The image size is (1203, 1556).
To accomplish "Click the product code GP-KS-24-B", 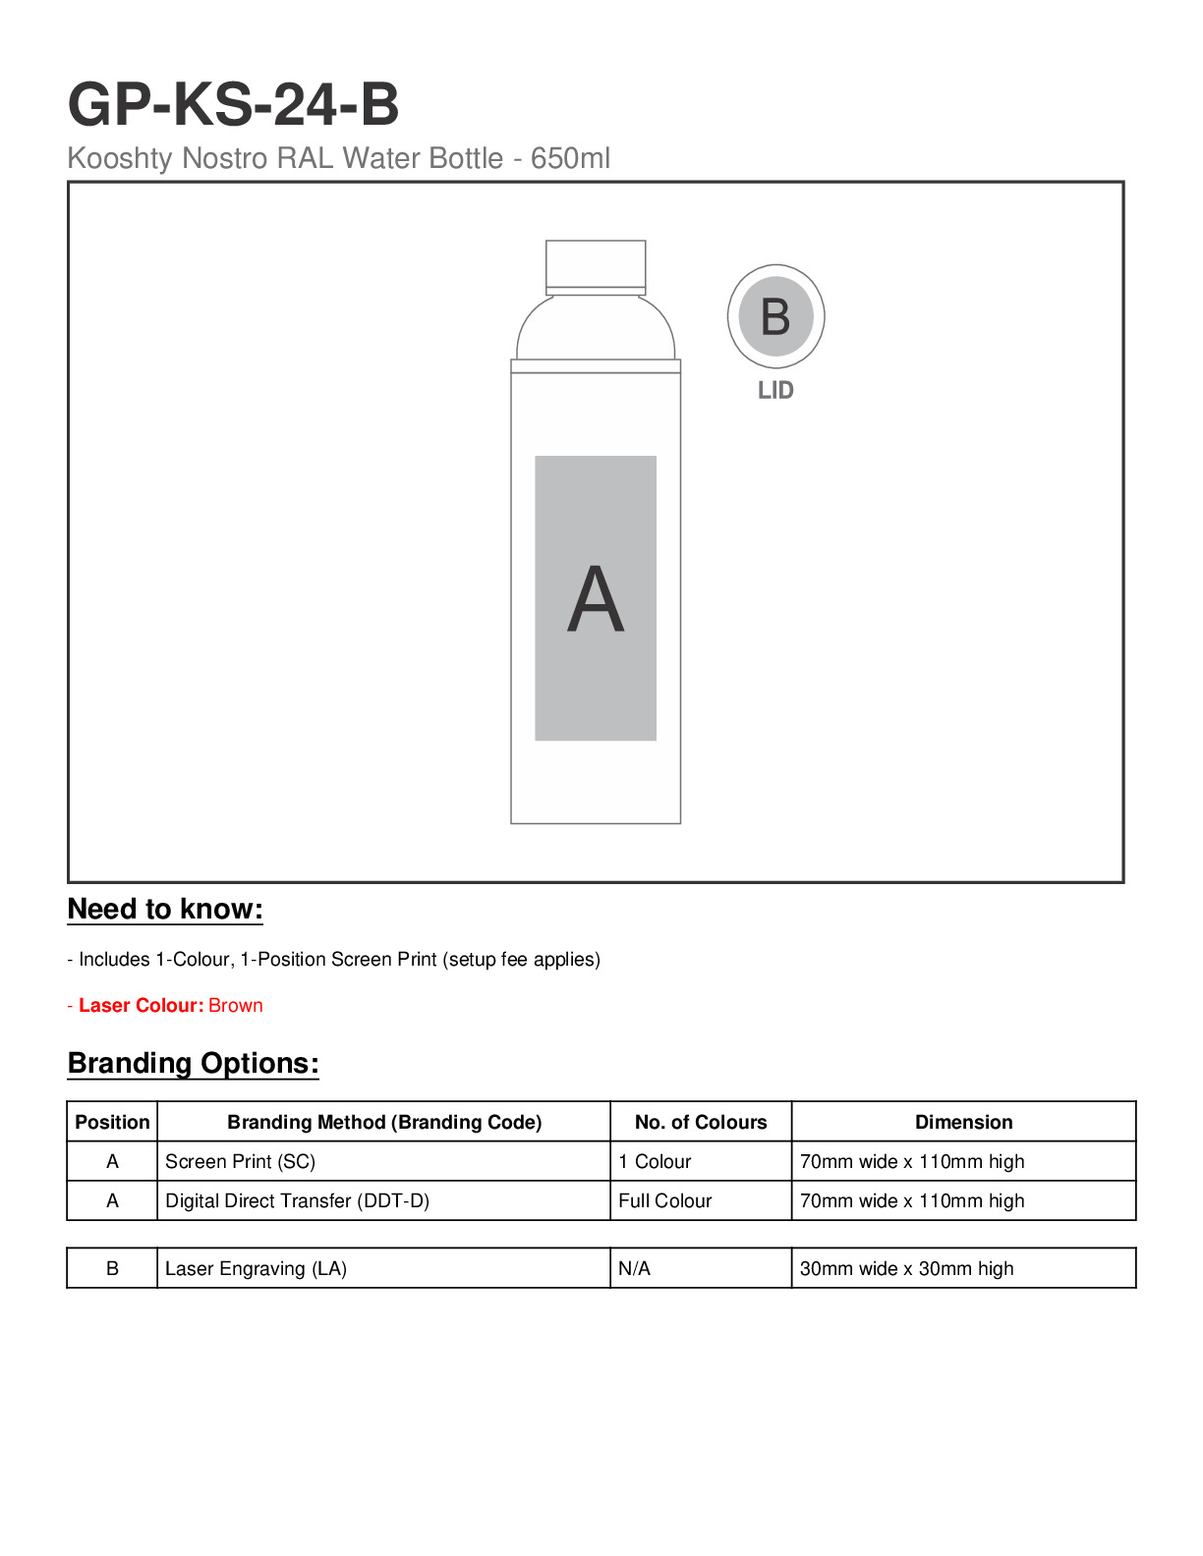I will (233, 105).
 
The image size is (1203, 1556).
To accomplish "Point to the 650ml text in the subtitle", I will (570, 158).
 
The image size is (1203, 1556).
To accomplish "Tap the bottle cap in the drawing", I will (596, 265).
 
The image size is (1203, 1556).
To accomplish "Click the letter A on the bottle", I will (596, 600).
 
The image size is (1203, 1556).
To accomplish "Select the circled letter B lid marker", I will (775, 316).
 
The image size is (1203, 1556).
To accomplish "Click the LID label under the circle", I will (775, 391).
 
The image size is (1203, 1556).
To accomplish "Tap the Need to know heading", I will (165, 910).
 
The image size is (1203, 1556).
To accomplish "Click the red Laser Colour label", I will (141, 1006).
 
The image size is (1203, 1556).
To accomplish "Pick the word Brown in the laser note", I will (236, 1006).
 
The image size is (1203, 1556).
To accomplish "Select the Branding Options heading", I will (194, 1064).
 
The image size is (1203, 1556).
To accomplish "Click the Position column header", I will (112, 1123).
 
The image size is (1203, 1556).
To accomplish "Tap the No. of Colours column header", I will (701, 1123).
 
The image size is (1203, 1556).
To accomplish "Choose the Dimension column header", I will (963, 1123).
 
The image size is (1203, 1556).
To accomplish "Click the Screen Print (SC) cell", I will (241, 1162).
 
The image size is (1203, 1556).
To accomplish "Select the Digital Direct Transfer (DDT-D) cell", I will (297, 1201).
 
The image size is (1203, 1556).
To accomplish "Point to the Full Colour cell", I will (665, 1201).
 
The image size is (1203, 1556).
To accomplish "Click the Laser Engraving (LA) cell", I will (256, 1269).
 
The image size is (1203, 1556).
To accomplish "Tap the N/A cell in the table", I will (635, 1269).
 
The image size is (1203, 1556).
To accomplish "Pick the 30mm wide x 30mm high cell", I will (906, 1269).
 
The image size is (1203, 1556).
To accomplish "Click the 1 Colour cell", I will (655, 1162).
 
